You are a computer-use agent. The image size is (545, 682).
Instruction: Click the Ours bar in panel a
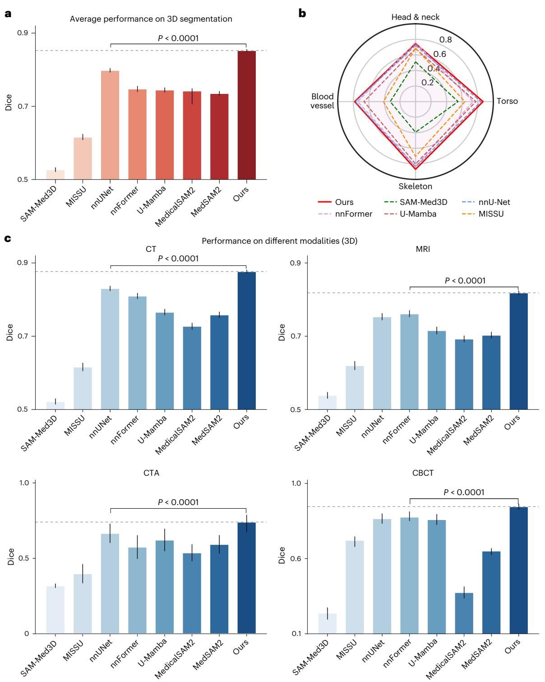point(246,115)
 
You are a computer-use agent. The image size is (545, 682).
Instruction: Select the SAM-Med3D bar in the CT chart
point(55,406)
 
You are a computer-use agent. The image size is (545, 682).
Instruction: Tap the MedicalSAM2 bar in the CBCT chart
point(464,613)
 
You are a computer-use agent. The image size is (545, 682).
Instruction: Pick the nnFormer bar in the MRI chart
point(409,362)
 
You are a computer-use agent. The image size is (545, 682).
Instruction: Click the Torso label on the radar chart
point(507,101)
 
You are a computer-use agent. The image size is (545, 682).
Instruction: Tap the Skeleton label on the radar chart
point(415,186)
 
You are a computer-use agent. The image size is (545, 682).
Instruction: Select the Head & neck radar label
point(415,17)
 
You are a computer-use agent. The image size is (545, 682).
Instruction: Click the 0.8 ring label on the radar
point(446,40)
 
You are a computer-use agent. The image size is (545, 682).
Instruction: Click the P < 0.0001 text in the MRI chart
point(465,281)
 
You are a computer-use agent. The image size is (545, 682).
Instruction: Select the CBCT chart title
point(423,473)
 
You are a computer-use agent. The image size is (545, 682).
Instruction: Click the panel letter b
point(302,13)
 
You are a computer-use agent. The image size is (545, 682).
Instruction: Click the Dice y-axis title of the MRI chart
point(282,332)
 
